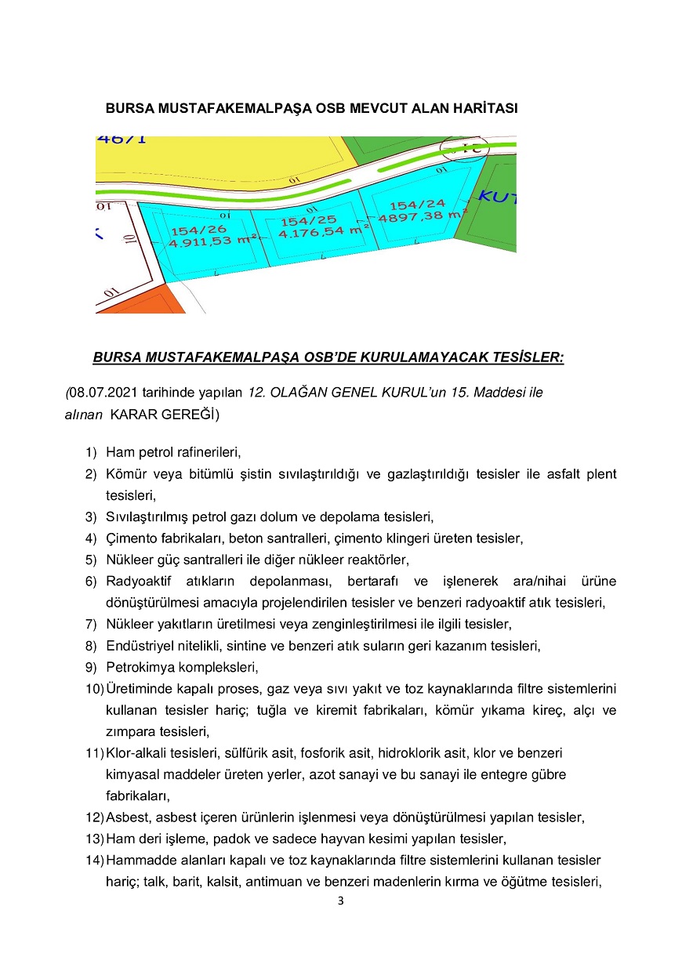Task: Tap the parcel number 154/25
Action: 308,222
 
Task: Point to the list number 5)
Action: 91,560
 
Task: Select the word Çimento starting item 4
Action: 130,538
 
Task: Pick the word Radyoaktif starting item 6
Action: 138,582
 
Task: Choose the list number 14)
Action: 94,860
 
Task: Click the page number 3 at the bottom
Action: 340,901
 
